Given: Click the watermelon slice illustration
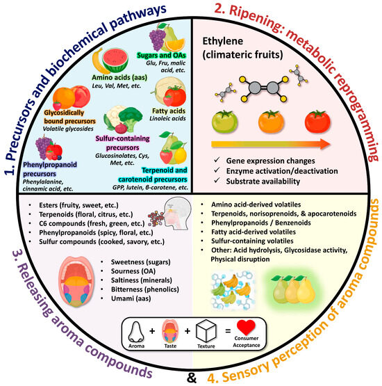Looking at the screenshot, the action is (115, 59).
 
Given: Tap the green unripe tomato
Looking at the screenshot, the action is (224, 122).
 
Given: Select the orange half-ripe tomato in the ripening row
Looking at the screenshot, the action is (271, 122).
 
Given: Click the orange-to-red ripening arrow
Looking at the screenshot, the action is (270, 144).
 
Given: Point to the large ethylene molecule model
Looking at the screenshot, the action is (263, 88).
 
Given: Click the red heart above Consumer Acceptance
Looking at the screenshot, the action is (246, 328).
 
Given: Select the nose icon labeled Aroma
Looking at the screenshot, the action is (136, 332).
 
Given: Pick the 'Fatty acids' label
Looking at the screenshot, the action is (169, 111).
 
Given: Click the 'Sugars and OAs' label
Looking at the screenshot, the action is (162, 55).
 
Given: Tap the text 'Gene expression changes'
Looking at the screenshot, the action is (270, 161).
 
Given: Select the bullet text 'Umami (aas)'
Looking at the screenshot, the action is (131, 298).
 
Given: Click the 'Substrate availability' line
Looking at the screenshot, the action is (263, 182).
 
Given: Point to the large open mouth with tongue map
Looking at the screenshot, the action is (76, 281).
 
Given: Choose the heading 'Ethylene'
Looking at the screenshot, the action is (223, 41).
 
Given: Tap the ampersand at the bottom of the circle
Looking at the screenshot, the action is (192, 378).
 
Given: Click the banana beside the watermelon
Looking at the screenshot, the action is (99, 61).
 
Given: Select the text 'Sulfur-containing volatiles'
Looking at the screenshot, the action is (252, 241).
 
